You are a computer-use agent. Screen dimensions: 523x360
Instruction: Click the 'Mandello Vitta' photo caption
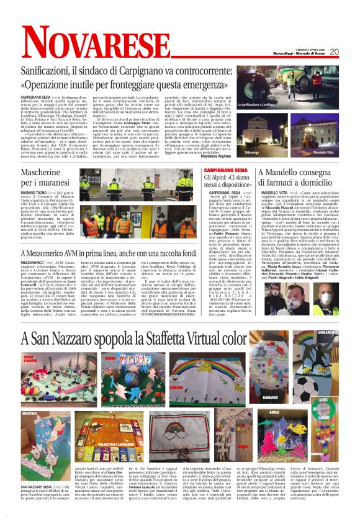(x=323, y=153)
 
